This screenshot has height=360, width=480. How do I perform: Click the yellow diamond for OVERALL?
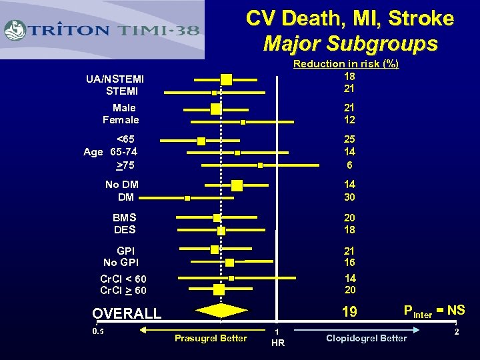coord(221,310)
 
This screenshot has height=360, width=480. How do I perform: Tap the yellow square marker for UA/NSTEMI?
coord(226,80)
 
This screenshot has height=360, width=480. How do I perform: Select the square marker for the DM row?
coord(187,198)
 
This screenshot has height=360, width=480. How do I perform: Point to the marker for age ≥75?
coord(261,165)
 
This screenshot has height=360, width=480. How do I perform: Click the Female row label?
coord(121,120)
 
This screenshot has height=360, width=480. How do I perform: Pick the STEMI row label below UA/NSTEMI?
coord(121,91)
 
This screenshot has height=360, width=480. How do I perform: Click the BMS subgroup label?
coord(124,217)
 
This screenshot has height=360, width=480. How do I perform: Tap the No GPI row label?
coord(121,263)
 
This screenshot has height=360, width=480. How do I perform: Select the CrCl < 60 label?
coord(123,279)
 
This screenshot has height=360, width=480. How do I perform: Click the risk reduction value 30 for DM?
coord(349,197)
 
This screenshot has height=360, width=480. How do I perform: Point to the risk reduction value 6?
coord(349,165)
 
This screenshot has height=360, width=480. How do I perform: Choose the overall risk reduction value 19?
coord(349,311)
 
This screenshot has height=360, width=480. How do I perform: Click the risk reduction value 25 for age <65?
coord(349,139)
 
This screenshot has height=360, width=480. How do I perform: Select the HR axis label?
coord(278,343)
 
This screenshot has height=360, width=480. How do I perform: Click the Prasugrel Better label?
coord(211,338)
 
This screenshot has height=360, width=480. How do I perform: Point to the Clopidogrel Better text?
coord(366,338)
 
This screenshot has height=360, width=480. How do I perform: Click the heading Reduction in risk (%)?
coord(346,64)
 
